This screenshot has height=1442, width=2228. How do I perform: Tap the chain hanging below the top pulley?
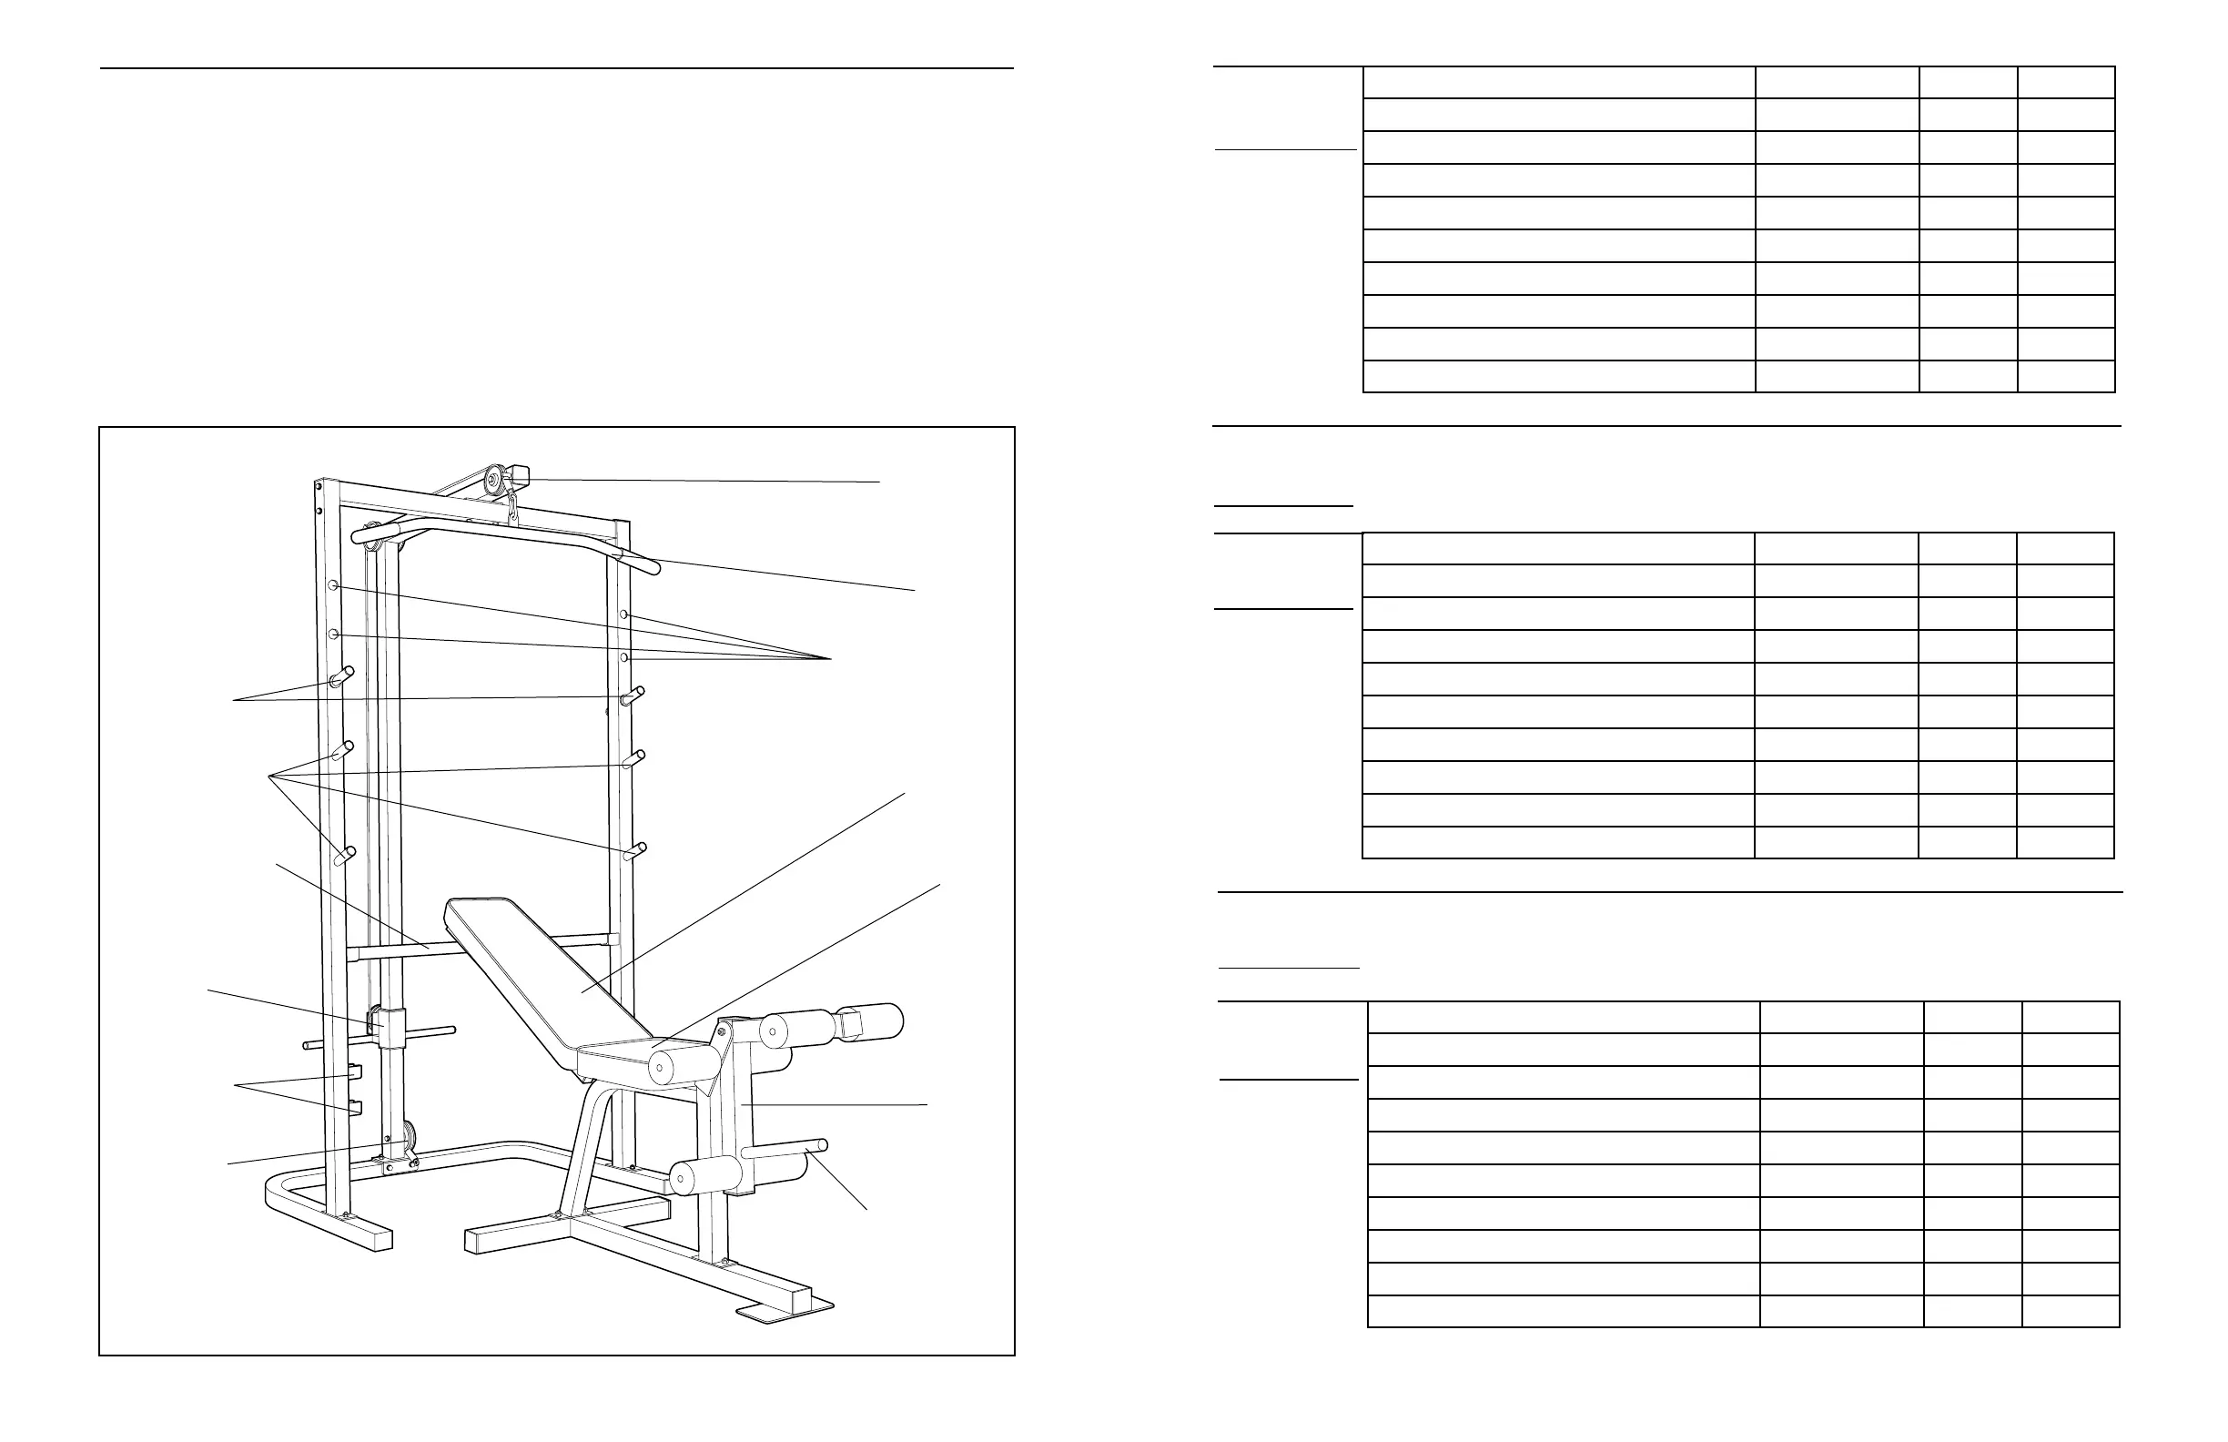(x=513, y=511)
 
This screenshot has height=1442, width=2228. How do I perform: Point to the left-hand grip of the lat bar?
(x=361, y=536)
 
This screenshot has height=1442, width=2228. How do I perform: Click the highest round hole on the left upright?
(x=333, y=585)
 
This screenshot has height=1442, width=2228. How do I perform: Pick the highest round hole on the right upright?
(x=623, y=615)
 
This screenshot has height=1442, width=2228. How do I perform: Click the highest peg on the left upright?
(x=342, y=676)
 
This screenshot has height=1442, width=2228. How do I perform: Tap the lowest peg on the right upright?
(x=634, y=850)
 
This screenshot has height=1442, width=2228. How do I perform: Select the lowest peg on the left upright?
(x=343, y=855)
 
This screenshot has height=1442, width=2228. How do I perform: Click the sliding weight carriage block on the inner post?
(x=390, y=1028)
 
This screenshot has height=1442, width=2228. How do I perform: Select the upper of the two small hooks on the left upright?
(x=352, y=1071)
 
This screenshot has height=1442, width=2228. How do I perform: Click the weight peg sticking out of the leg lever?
(x=786, y=1148)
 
